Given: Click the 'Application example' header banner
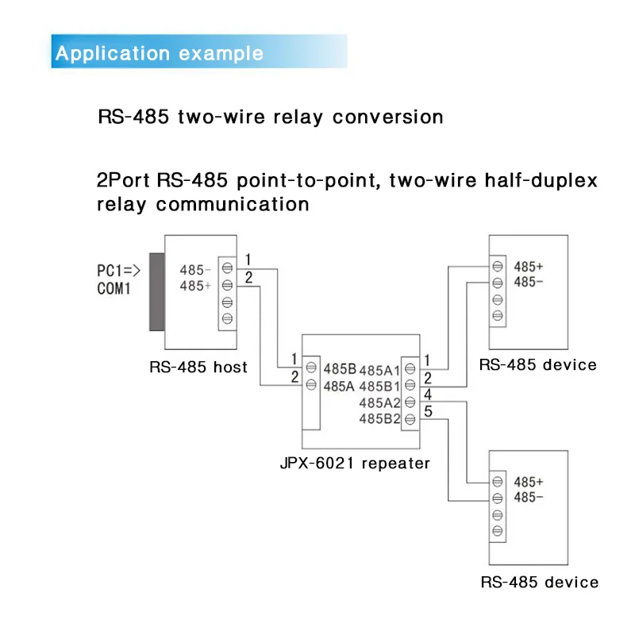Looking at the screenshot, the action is click(199, 52).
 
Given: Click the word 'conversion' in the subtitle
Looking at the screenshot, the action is click(387, 117).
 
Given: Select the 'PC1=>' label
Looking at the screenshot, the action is click(118, 271).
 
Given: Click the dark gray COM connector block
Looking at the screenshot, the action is click(156, 292).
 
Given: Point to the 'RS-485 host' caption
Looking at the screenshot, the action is click(198, 367).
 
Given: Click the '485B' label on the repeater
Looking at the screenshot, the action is click(340, 369).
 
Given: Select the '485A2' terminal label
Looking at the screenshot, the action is click(379, 402).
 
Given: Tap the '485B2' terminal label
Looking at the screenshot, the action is click(379, 419).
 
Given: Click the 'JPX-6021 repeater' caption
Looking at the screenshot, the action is click(355, 463).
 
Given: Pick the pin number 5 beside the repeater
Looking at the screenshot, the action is click(428, 411).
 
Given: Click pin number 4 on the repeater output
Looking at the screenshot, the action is click(428, 394).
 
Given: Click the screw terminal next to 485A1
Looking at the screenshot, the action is click(410, 368).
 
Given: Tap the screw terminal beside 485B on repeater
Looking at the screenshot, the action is click(311, 368).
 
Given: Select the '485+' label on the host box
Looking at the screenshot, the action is click(195, 286).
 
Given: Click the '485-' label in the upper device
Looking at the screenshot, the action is click(529, 282).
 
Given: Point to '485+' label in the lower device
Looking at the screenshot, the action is click(529, 482).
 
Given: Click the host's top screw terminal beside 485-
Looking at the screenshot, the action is click(227, 267).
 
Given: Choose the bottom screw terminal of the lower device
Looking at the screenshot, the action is click(498, 530).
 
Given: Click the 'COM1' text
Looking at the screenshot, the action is click(114, 289).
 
